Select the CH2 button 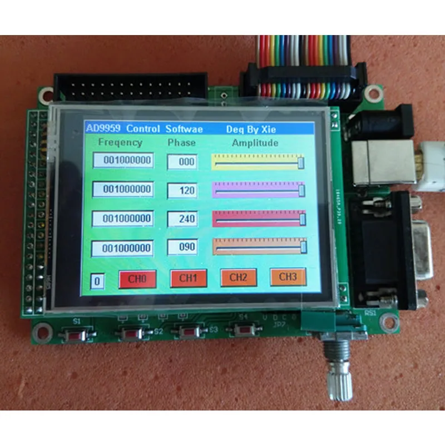click(x=238, y=277)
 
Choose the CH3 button click(x=288, y=276)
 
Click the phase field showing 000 click(x=182, y=161)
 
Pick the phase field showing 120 click(x=182, y=190)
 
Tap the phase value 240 click(x=182, y=219)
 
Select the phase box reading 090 click(x=182, y=247)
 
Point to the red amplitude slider click(x=259, y=219)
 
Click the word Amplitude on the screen click(x=255, y=143)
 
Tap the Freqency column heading click(x=120, y=142)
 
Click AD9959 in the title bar click(x=103, y=128)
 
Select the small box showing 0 click(x=97, y=281)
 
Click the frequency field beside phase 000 click(x=122, y=161)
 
